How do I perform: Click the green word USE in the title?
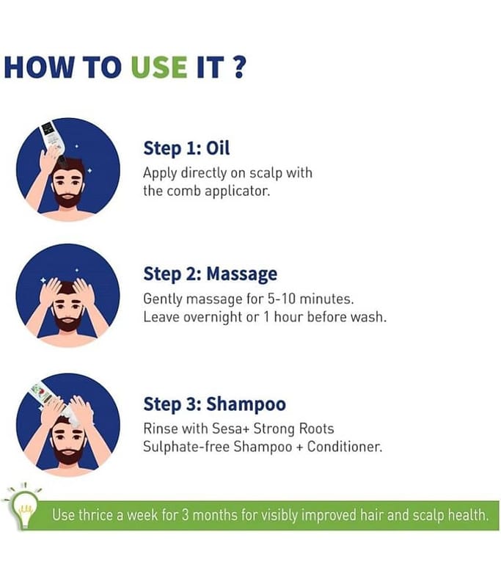point(159,68)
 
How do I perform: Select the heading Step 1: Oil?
point(186,148)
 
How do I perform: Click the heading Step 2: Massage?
point(211,274)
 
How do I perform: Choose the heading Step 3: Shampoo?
point(214,404)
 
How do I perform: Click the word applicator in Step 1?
point(237,192)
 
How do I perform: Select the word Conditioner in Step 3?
point(345,447)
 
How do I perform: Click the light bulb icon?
point(23,506)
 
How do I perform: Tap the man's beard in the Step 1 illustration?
point(67,197)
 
